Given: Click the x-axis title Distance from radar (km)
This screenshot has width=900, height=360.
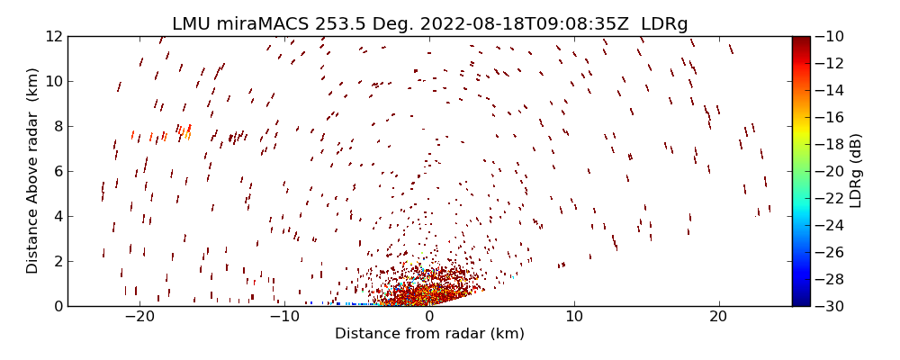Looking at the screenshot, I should coord(429,334).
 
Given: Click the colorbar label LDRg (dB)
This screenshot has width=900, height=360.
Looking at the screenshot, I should coord(856,171).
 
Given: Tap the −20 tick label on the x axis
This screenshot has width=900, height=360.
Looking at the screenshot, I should coord(139,317).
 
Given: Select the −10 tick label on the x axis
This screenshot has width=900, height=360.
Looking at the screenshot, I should coord(284,317).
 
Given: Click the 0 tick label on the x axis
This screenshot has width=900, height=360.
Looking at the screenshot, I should coord(429,317).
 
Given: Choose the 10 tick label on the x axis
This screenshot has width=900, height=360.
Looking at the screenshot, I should coord(574,317).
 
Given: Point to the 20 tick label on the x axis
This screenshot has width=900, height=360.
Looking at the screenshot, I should coord(718,317).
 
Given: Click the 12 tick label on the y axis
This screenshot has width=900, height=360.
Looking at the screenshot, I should coord(53,36).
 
